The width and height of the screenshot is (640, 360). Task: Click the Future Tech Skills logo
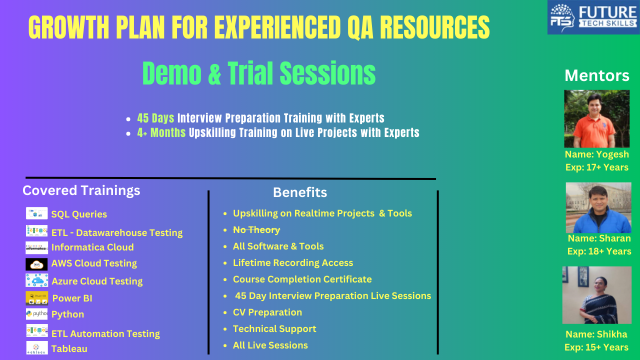pyautogui.click(x=593, y=17)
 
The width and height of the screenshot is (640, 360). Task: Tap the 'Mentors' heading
pyautogui.click(x=597, y=75)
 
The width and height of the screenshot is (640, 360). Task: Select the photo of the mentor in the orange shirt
pyautogui.click(x=597, y=118)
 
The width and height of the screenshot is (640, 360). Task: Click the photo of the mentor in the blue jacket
pyautogui.click(x=598, y=207)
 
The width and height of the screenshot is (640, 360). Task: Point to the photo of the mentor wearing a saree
pyautogui.click(x=597, y=295)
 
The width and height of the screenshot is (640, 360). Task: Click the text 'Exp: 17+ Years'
pyautogui.click(x=597, y=167)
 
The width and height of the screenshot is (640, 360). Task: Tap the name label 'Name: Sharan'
pyautogui.click(x=599, y=238)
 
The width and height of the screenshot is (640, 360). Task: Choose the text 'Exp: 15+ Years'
pyautogui.click(x=596, y=347)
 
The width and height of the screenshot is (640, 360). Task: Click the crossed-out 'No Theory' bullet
pyautogui.click(x=256, y=229)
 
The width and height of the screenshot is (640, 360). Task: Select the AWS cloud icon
pyautogui.click(x=36, y=264)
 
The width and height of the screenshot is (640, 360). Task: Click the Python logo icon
pyautogui.click(x=36, y=313)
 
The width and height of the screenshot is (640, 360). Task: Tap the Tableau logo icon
pyautogui.click(x=37, y=348)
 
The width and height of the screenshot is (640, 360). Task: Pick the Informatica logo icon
pyautogui.click(x=36, y=247)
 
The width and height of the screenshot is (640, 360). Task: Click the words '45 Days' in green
pyautogui.click(x=155, y=118)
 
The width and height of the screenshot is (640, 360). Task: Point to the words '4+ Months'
pyautogui.click(x=161, y=132)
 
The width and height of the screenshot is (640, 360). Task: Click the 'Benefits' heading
pyautogui.click(x=300, y=192)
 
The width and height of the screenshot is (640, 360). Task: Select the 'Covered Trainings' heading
pyautogui.click(x=81, y=190)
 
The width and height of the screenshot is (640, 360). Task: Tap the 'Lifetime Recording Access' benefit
pyautogui.click(x=293, y=263)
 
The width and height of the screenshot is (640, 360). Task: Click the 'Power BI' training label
pyautogui.click(x=72, y=298)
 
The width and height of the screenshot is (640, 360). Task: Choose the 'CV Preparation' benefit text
pyautogui.click(x=267, y=312)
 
